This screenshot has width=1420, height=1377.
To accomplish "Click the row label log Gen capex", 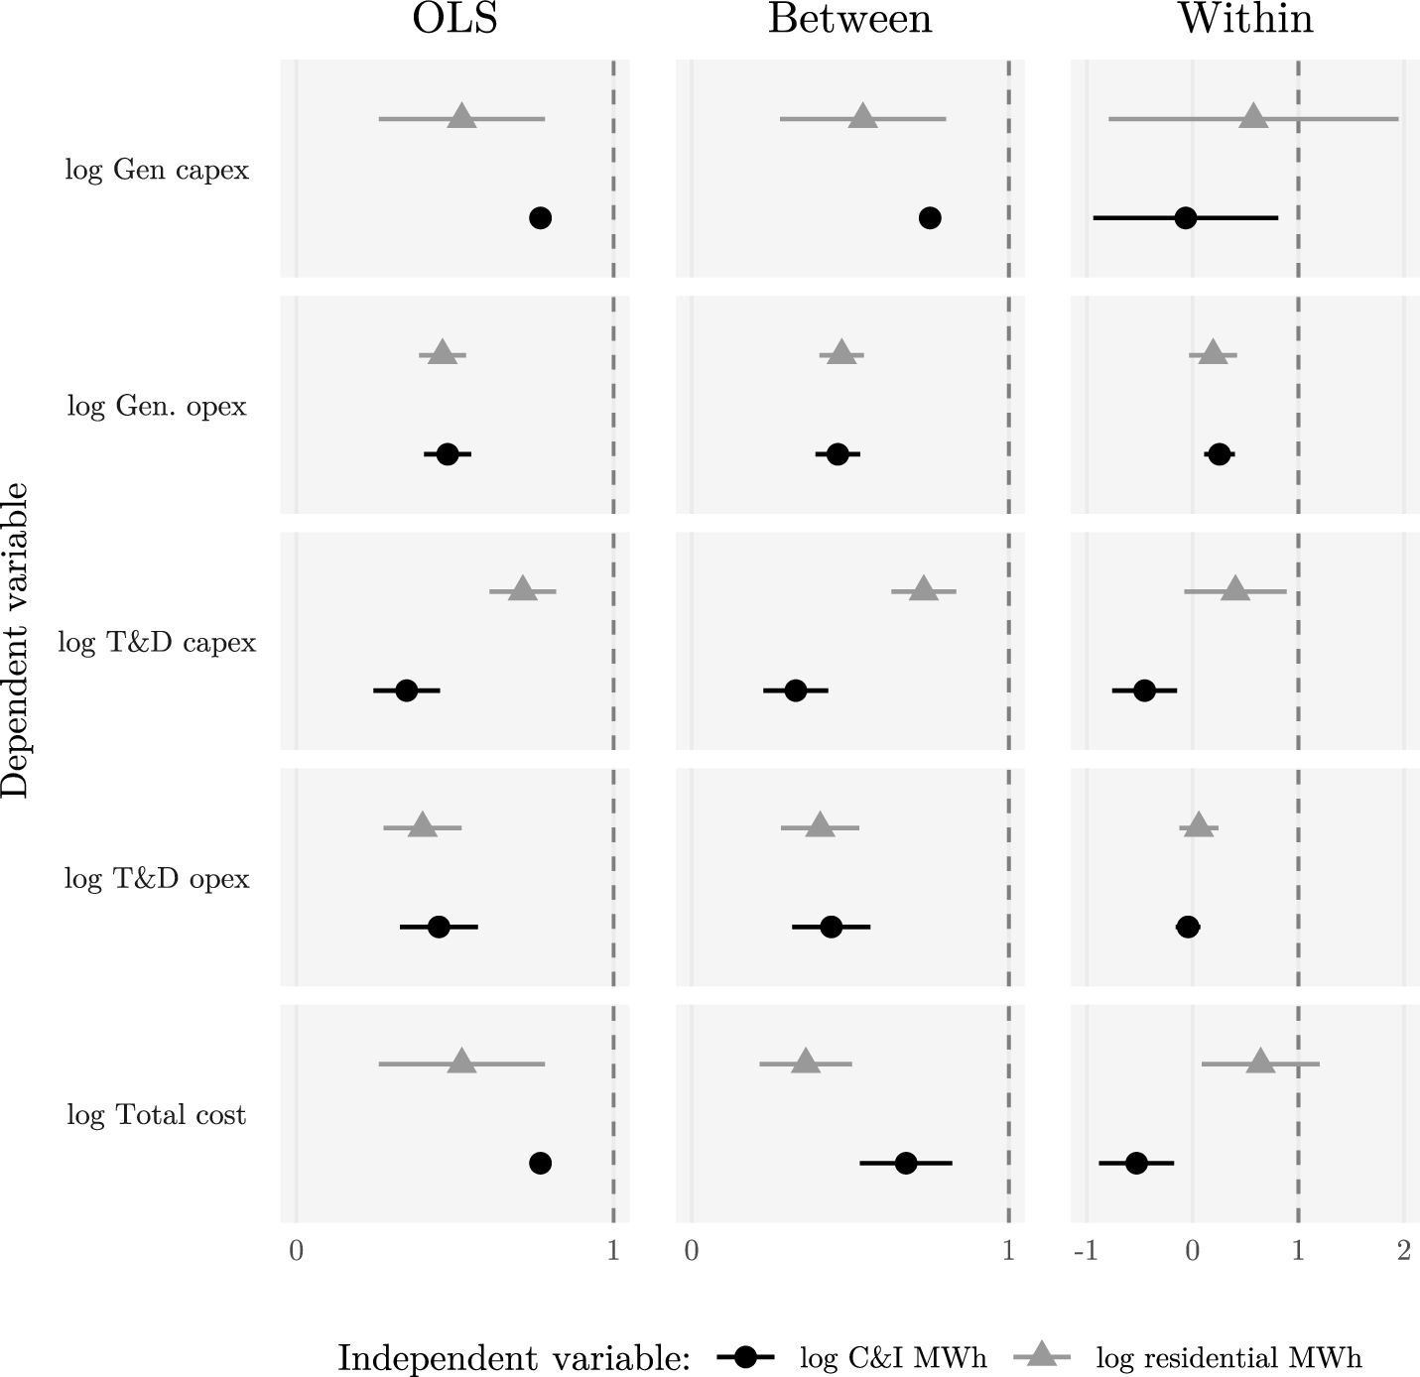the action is [157, 170].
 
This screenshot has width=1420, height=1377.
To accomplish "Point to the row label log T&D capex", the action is [157, 643].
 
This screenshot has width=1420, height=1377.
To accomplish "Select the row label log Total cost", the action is [157, 1115].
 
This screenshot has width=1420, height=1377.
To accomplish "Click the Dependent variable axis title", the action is [15, 640].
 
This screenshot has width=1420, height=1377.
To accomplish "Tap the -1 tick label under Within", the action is [1086, 1252].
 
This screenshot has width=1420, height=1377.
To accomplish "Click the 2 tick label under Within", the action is [1404, 1252].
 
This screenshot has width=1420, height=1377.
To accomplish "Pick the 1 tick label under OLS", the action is [613, 1252].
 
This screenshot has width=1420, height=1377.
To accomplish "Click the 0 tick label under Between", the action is [692, 1252].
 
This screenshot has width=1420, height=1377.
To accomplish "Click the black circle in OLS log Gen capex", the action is [540, 217].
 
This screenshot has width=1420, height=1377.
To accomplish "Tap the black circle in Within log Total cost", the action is [1136, 1164].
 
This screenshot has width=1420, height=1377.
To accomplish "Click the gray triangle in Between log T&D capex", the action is [924, 588].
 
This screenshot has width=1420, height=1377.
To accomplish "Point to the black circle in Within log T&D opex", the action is [1188, 927].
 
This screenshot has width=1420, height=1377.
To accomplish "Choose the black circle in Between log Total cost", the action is [906, 1164].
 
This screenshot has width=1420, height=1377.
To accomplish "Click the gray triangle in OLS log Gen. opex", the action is [443, 352].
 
